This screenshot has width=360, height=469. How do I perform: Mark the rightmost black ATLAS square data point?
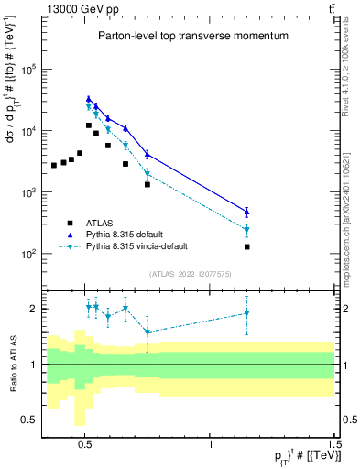(246, 246)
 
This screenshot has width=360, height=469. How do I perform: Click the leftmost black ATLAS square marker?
(54, 165)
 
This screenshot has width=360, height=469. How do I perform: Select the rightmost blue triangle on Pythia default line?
(246, 212)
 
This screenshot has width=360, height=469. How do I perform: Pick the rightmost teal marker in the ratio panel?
(246, 313)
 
